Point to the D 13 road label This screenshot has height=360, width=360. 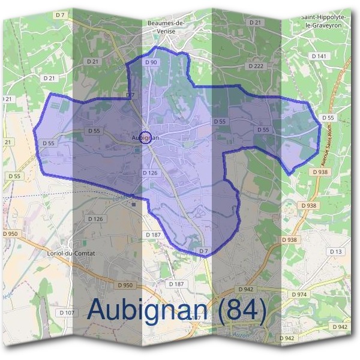coord(335,251)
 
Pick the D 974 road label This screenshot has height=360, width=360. coord(299,295)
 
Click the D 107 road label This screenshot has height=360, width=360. coord(67,313)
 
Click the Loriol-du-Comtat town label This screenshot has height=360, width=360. coord(71,253)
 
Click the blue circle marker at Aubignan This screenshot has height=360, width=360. coord(145,136)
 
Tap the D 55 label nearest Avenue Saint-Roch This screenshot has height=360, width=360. coord(328,118)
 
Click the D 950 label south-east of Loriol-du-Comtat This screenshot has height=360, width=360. coord(125,285)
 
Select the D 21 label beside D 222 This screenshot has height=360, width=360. coord(256,22)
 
